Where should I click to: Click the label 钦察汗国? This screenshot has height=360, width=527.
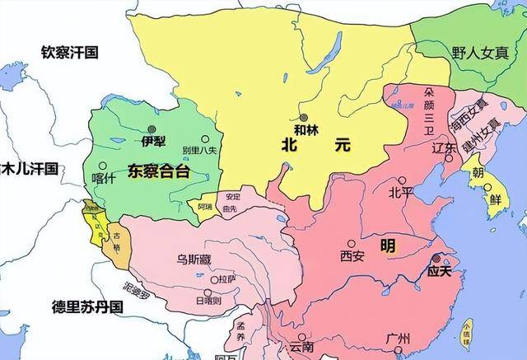click(69, 52)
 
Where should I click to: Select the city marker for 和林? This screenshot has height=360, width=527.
click(305, 118)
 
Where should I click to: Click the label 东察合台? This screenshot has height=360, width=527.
click(159, 171)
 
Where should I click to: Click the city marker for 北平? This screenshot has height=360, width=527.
click(401, 180)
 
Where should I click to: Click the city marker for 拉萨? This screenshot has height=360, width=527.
click(216, 280)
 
